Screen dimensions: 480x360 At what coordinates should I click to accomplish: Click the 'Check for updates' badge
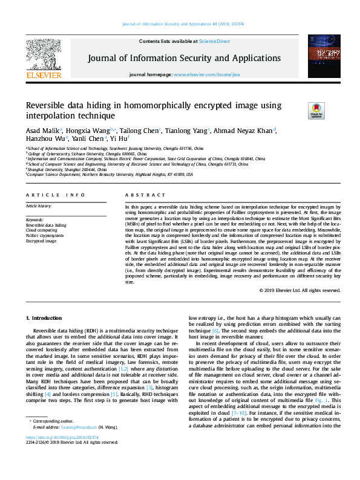316,110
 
